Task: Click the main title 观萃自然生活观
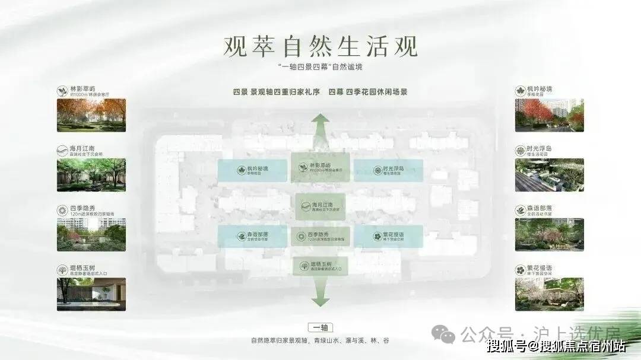point(320,46)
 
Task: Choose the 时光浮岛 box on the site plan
point(388,170)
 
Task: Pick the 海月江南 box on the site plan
point(321,206)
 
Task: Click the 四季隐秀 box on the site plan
point(321,236)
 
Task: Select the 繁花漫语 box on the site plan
point(388,236)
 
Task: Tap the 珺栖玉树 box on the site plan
point(321,266)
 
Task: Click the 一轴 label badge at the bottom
point(320,327)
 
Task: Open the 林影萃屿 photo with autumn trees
point(91,114)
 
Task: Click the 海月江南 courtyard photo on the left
point(91,174)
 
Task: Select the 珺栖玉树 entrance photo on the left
point(91,294)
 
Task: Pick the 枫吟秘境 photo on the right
point(549,114)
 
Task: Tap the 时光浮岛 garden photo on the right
point(549,174)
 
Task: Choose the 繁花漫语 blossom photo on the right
point(549,294)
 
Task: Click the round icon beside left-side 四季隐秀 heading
point(62,211)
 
